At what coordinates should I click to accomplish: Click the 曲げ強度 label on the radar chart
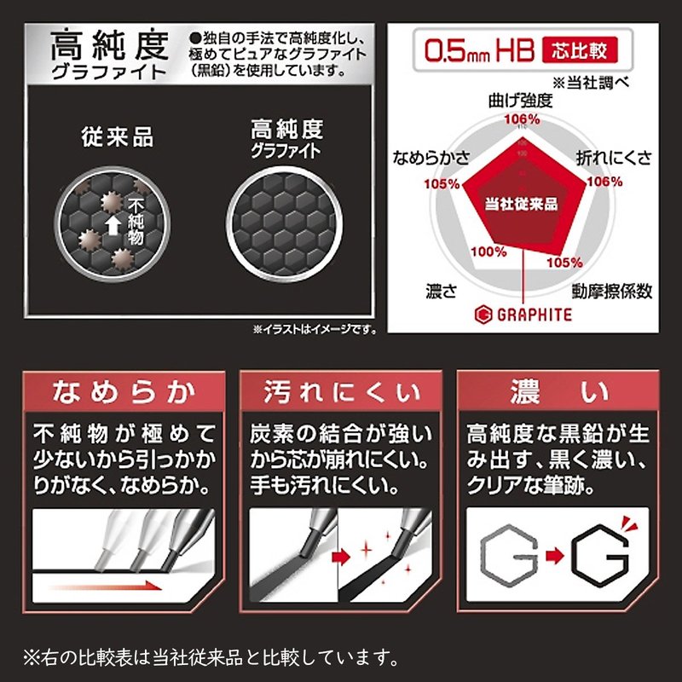tap(520, 101)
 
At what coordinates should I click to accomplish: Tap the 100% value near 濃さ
tap(488, 251)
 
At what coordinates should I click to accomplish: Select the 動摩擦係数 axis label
tap(611, 291)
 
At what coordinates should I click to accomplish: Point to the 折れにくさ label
tap(614, 158)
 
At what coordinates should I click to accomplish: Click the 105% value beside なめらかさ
tap(442, 184)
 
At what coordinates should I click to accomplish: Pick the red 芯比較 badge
tap(580, 50)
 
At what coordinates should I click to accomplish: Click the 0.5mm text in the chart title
tap(457, 51)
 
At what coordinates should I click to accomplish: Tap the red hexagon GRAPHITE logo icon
tap(483, 315)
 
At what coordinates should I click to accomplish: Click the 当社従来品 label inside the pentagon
tap(521, 204)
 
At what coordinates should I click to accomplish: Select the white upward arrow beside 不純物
tap(113, 226)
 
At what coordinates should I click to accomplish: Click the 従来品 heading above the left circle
tap(117, 136)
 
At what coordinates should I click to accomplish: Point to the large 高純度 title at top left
tap(109, 44)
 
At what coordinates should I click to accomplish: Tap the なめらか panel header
tap(124, 392)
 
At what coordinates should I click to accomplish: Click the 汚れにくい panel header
tap(341, 392)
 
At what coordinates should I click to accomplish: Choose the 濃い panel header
tap(558, 392)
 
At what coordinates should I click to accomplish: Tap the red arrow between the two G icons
tap(555, 556)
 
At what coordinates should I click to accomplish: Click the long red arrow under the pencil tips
tap(107, 586)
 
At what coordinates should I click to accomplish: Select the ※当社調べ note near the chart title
tap(590, 83)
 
